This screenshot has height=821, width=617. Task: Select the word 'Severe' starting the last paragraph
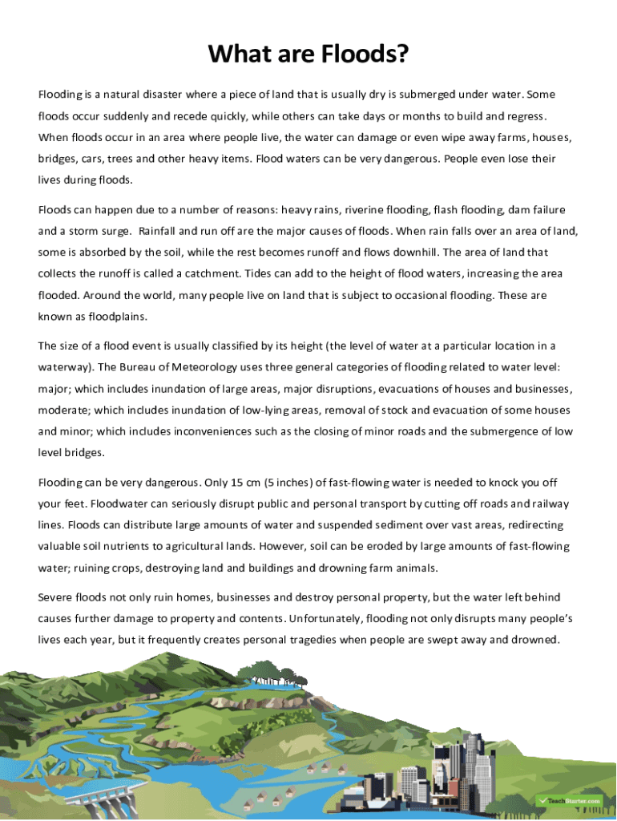[55, 598]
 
